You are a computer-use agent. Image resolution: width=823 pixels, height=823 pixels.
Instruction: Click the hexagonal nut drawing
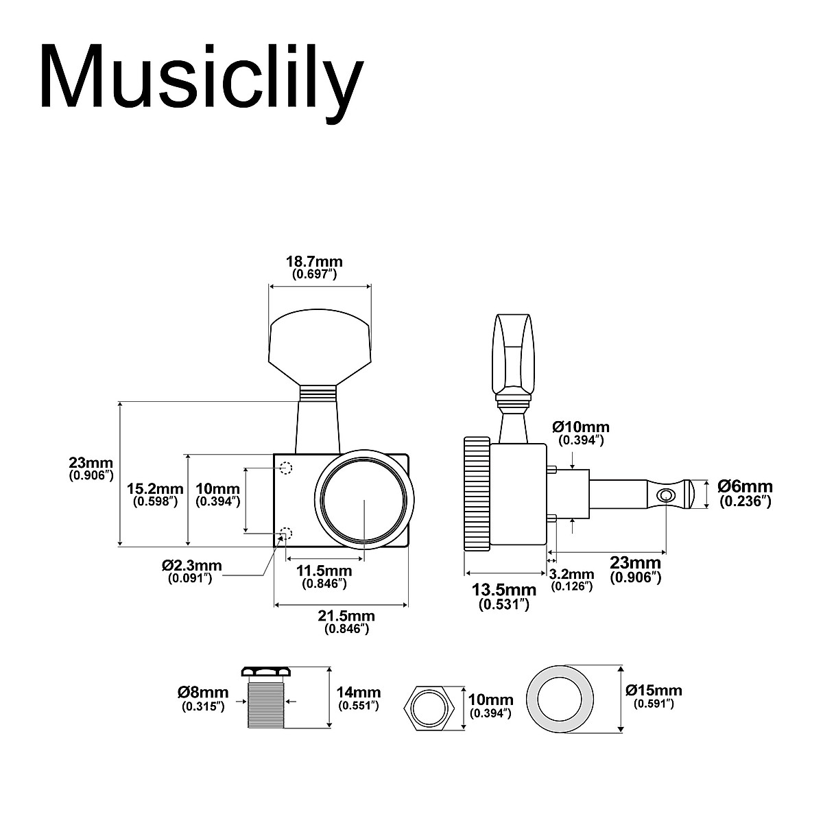(x=428, y=705)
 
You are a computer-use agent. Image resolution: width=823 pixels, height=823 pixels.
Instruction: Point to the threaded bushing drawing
(x=264, y=698)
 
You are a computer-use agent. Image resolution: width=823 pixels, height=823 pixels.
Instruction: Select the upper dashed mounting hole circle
(x=287, y=468)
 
